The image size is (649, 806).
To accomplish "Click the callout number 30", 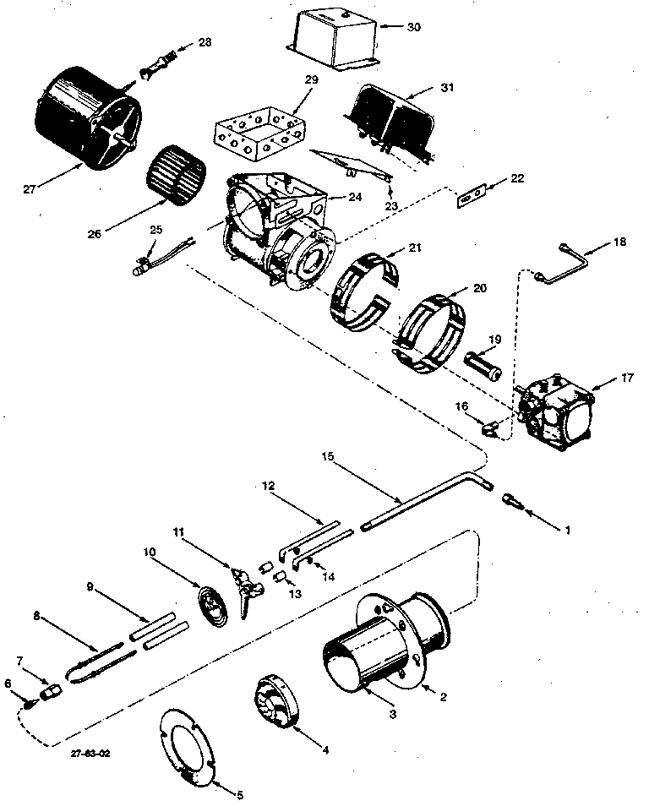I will [x=412, y=26].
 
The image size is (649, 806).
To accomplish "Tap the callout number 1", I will [x=567, y=530].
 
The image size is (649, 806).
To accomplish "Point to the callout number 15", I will [x=327, y=456].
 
